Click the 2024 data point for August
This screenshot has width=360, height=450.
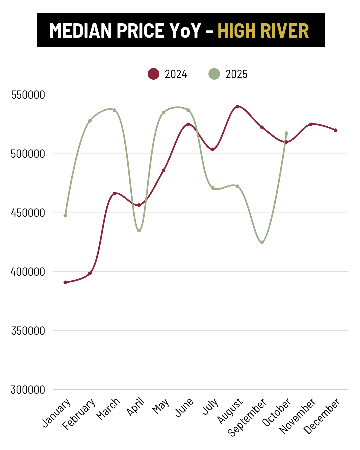tap(237, 107)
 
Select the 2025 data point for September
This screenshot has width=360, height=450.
tap(262, 242)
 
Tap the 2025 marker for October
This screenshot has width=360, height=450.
tap(286, 133)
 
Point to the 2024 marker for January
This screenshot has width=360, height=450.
tap(65, 282)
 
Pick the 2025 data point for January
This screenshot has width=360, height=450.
tap(65, 216)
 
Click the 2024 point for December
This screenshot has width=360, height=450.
tap(336, 130)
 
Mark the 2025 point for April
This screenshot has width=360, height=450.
tap(139, 231)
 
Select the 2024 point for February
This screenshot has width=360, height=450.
tap(90, 273)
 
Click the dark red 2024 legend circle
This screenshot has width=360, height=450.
tap(153, 74)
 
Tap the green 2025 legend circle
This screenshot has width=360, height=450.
tap(214, 74)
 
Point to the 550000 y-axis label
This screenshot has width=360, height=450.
tap(28, 95)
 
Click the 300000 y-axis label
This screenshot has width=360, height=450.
tap(28, 390)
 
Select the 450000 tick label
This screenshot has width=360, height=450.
tap(28, 213)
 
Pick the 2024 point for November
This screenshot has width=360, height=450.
tap(311, 124)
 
